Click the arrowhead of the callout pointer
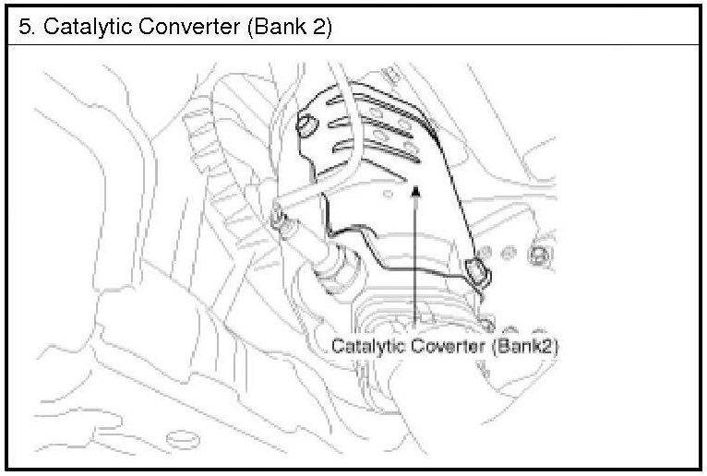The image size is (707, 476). pyautogui.click(x=416, y=191)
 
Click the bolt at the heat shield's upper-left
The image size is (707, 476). pyautogui.click(x=307, y=124)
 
